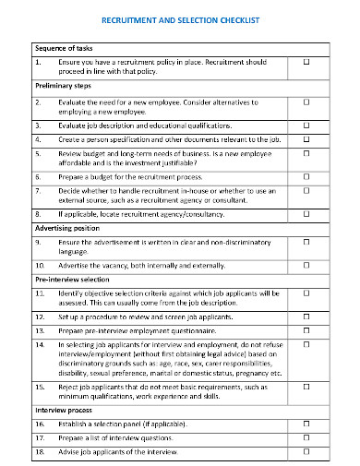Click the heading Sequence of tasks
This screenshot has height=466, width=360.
[x=64, y=48]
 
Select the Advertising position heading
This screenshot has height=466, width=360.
[x=66, y=227]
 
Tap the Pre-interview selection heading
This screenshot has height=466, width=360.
[x=73, y=278]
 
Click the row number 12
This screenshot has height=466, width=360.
[x=40, y=316]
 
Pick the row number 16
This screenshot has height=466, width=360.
[x=40, y=423]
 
